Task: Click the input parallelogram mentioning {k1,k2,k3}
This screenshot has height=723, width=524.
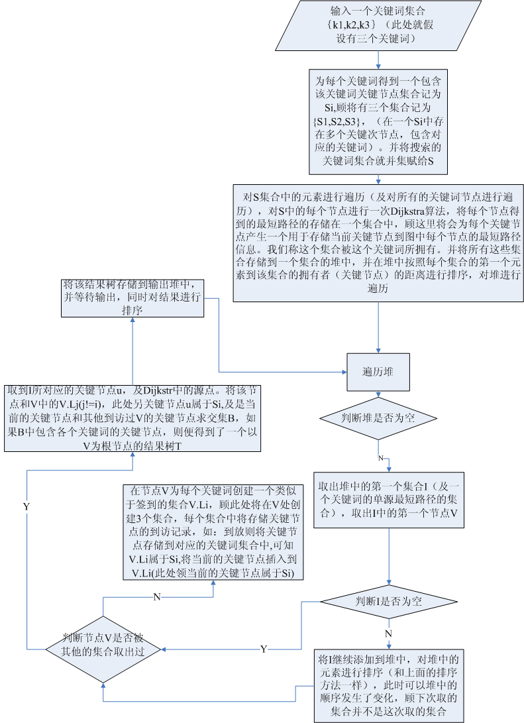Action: [378, 25]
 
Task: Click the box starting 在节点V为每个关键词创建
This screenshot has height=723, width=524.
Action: [213, 532]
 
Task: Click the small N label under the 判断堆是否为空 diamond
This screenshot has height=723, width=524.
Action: [380, 458]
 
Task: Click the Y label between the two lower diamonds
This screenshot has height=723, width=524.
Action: [264, 649]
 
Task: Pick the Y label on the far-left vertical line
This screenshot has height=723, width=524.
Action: [26, 506]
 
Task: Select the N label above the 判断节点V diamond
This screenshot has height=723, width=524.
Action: [157, 596]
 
